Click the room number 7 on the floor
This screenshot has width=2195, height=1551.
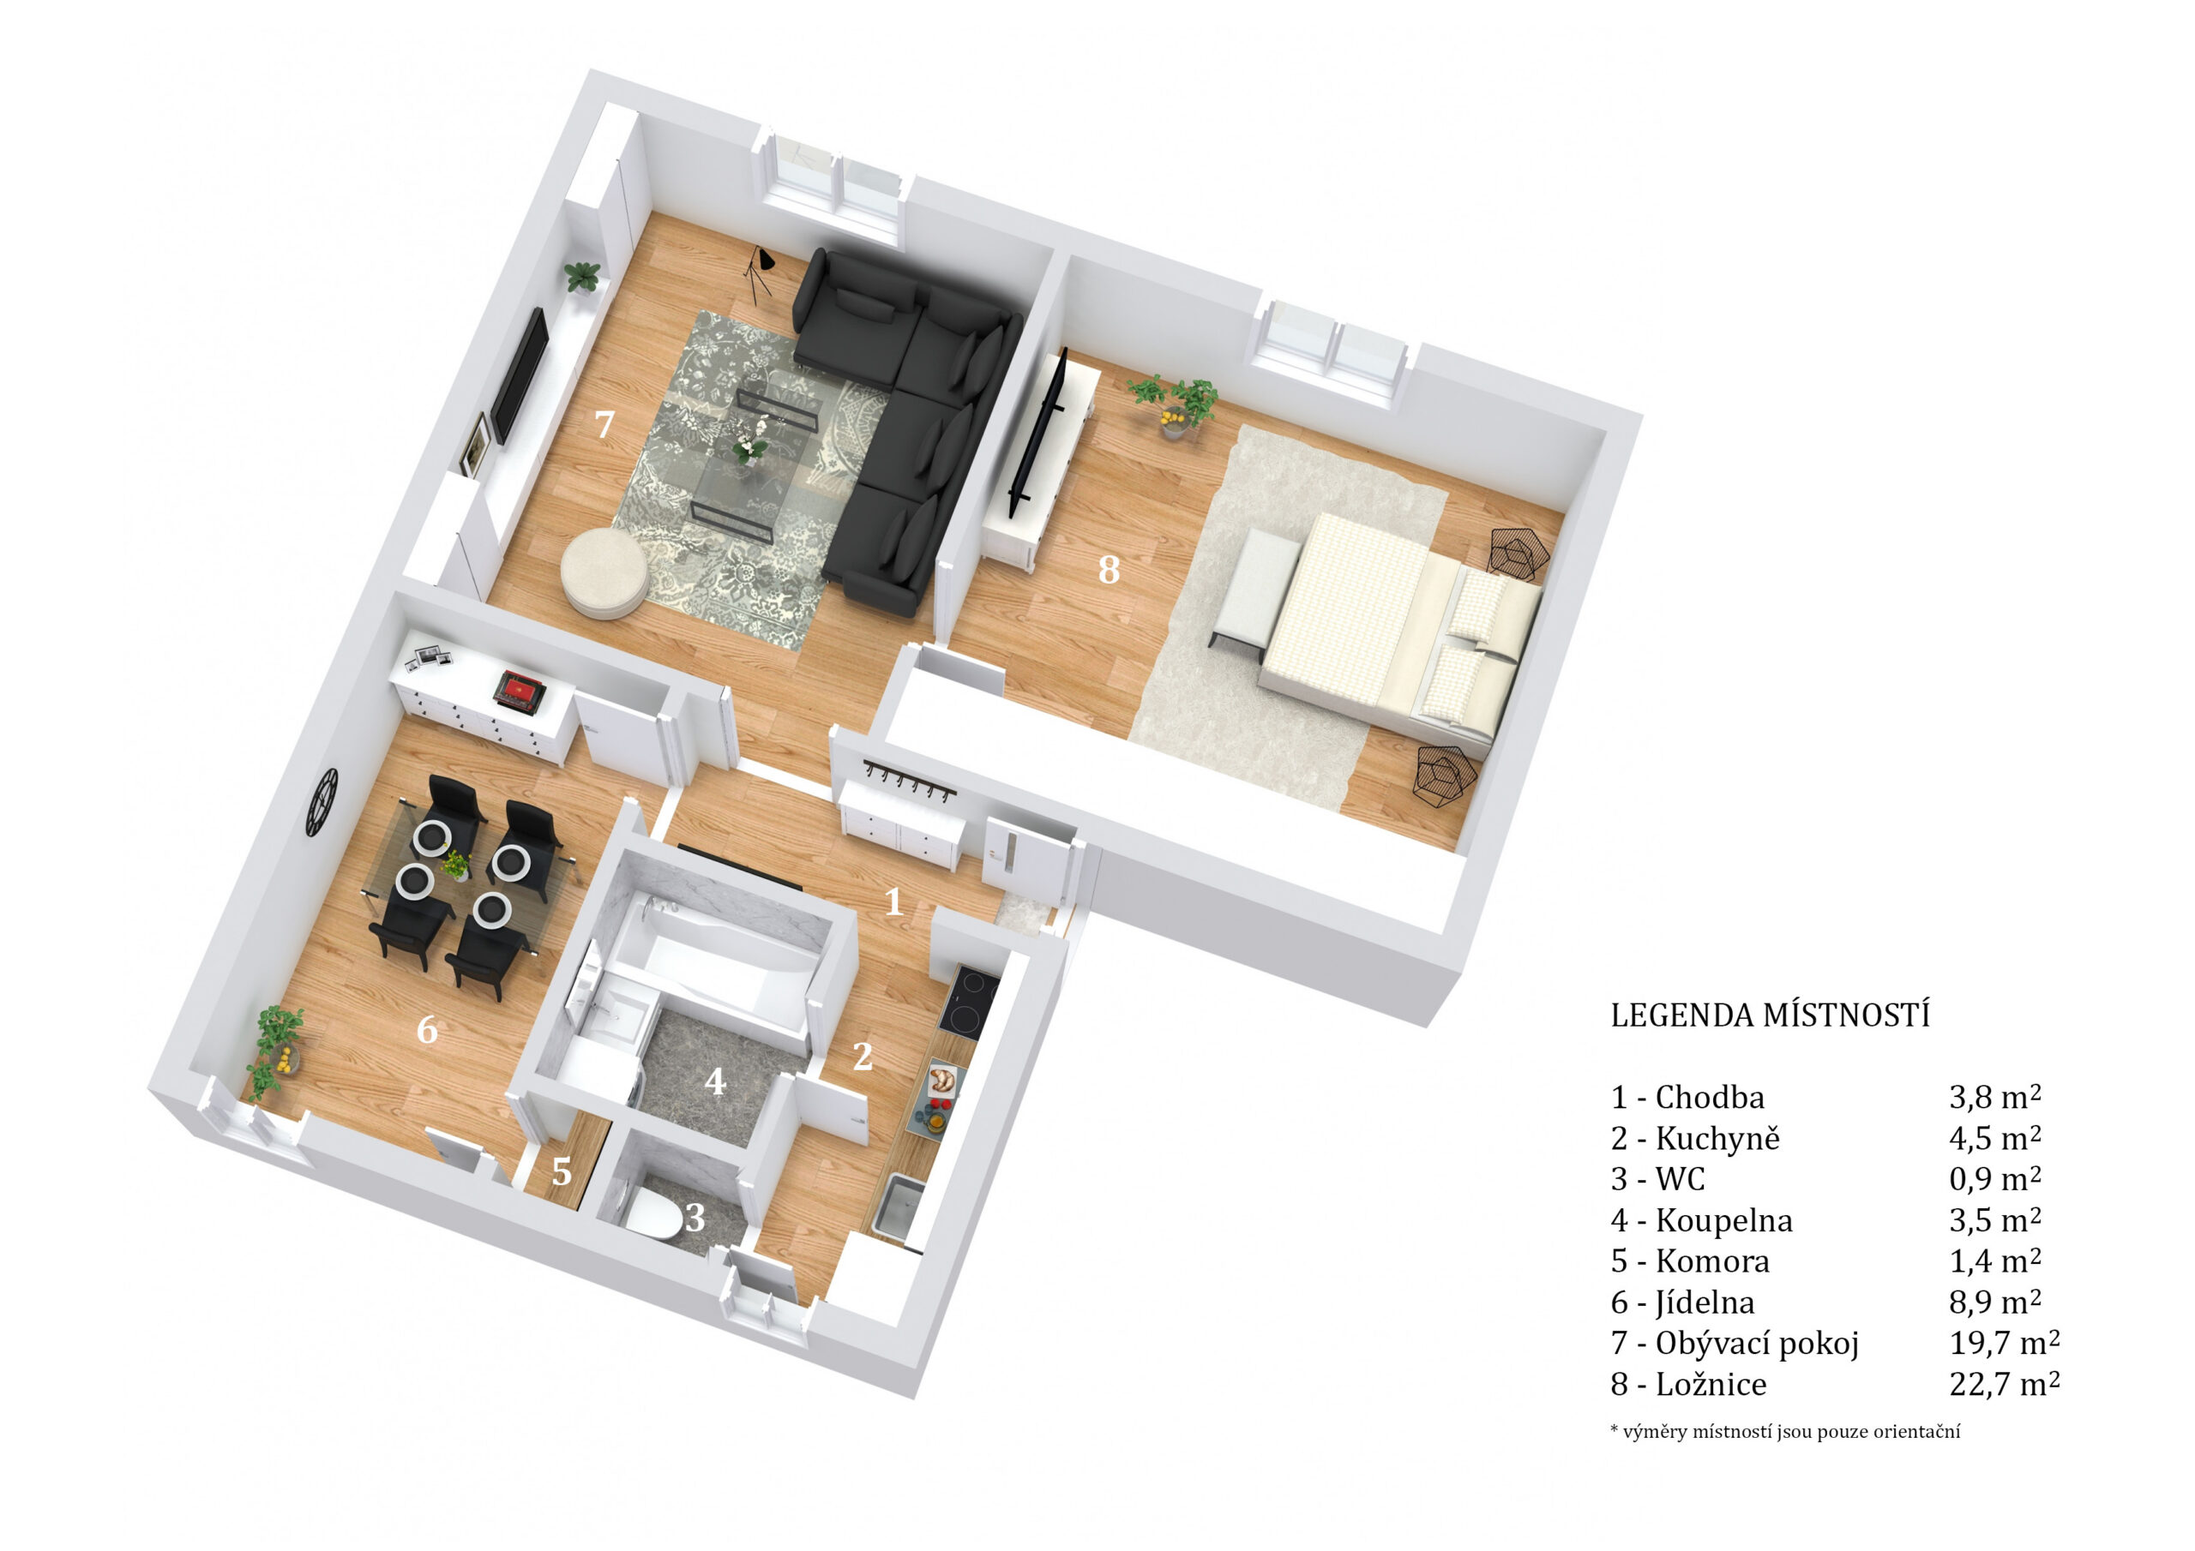coord(604,423)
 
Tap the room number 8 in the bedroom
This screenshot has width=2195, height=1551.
coord(1108,570)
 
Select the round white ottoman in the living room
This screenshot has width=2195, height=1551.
coord(605,572)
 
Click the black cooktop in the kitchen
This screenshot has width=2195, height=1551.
coord(968,1001)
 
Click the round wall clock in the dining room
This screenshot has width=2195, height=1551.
coord(322,802)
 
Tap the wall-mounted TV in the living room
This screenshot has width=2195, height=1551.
coord(518,374)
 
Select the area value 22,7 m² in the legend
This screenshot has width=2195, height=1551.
coord(2004,1383)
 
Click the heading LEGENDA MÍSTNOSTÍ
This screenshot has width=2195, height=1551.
coord(1770,1015)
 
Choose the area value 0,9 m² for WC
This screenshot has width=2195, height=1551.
coord(1994,1178)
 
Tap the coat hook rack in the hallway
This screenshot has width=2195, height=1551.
coord(907,781)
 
